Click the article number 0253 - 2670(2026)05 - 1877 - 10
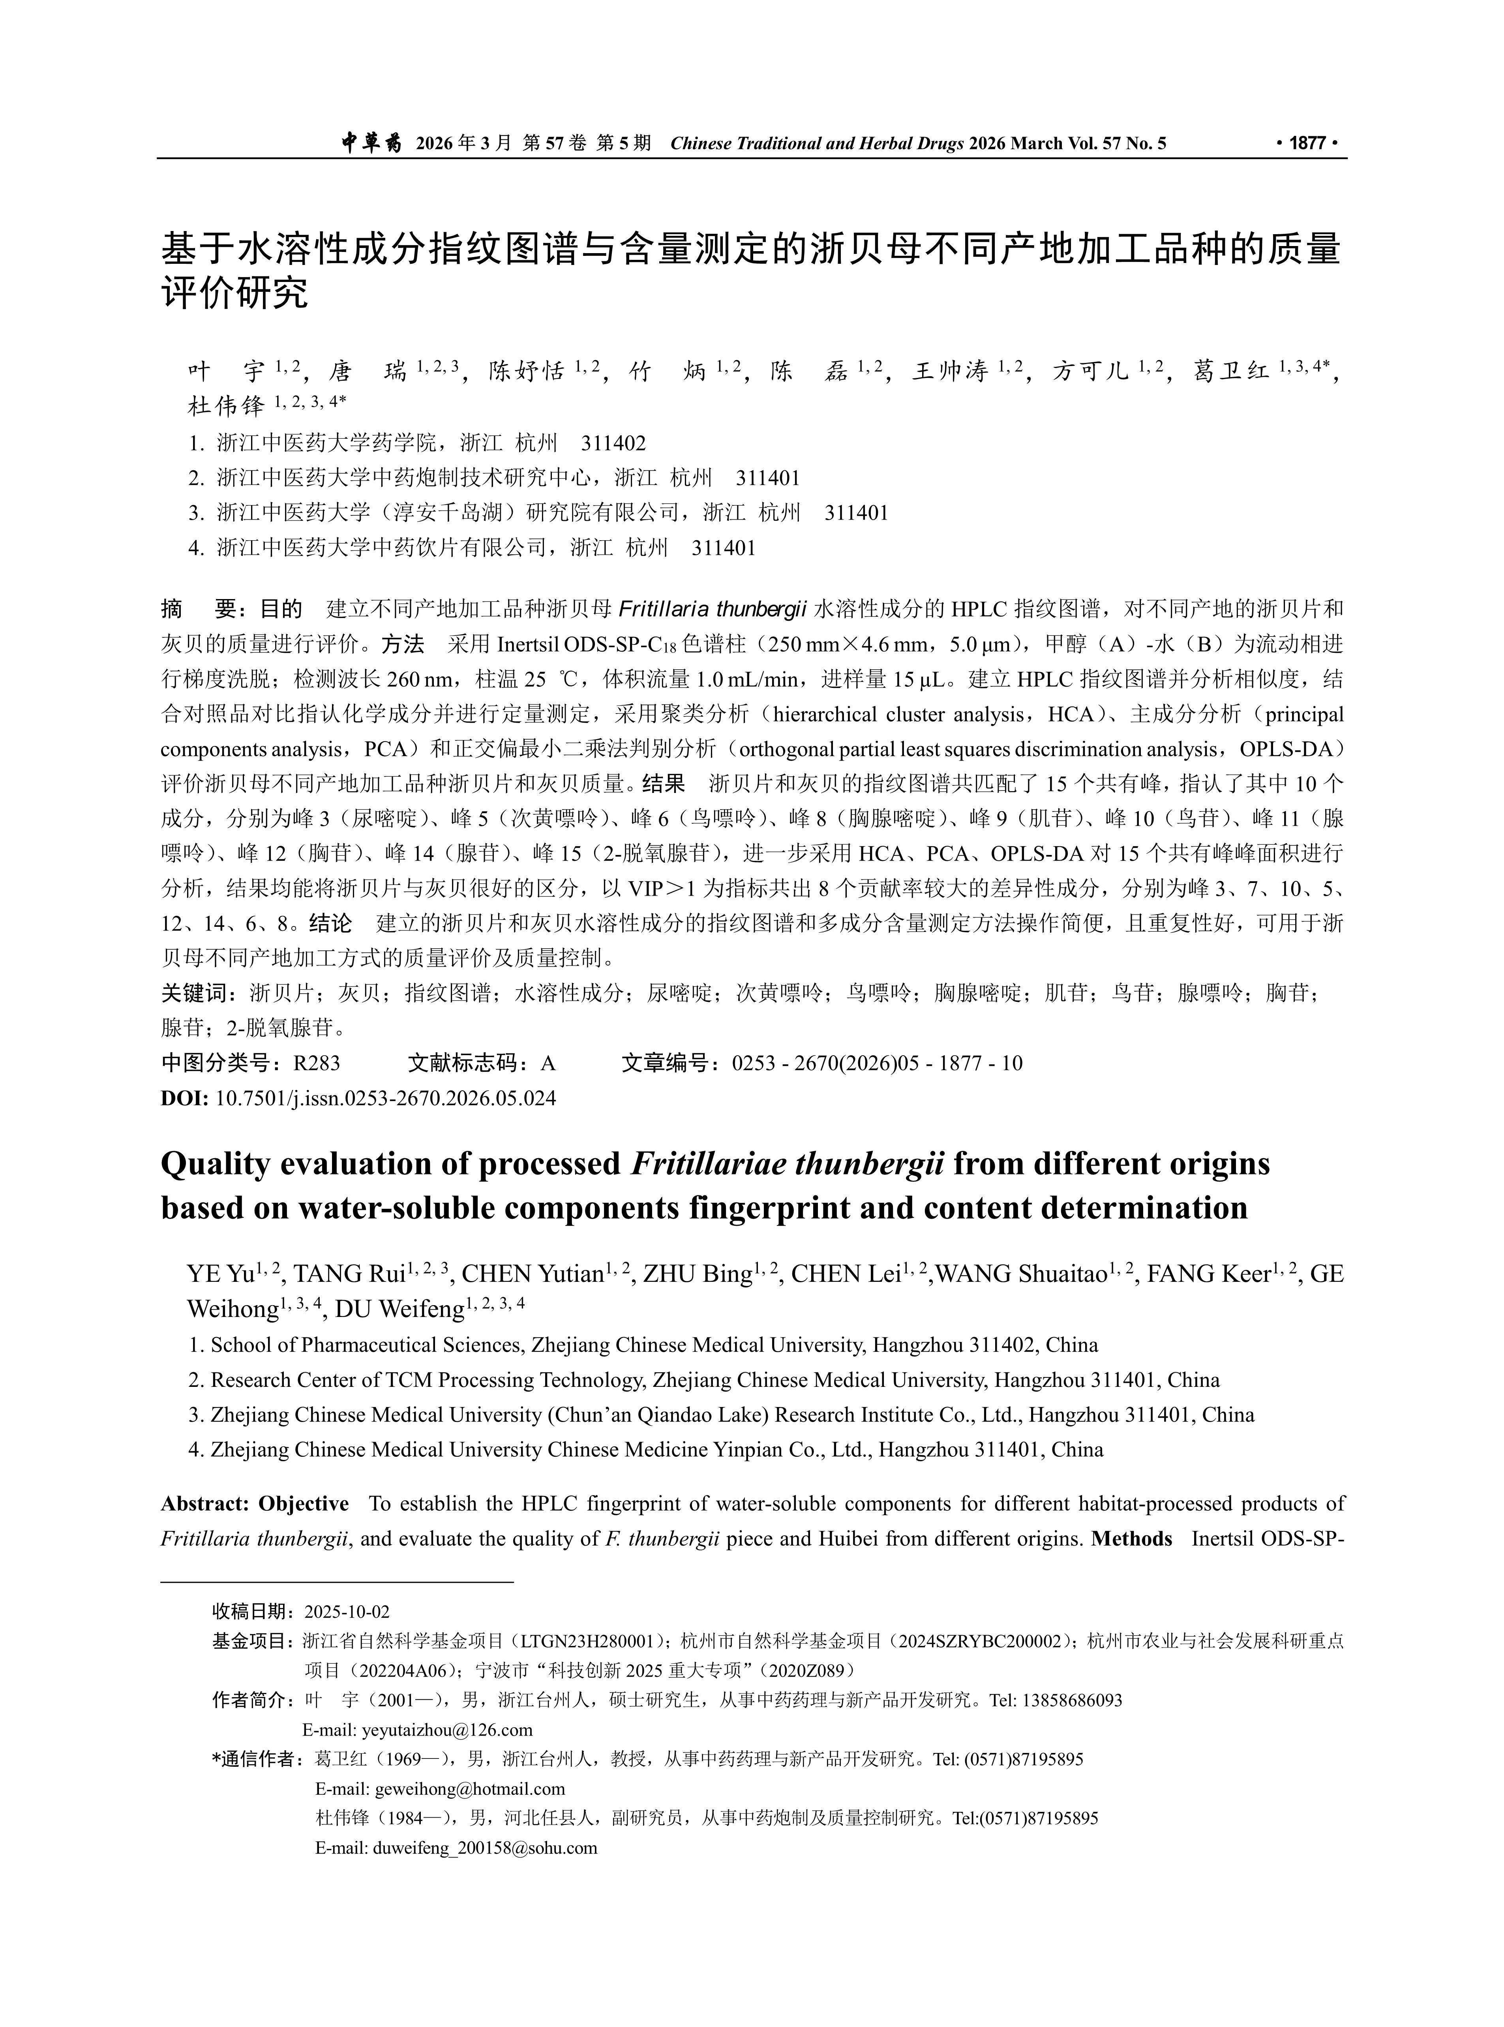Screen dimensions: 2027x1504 [877, 1063]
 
